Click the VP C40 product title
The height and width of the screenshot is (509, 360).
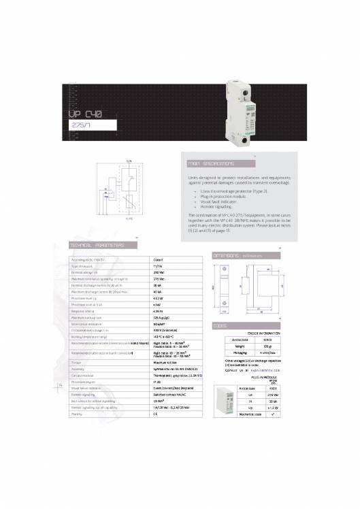pyautogui.click(x=85, y=116)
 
